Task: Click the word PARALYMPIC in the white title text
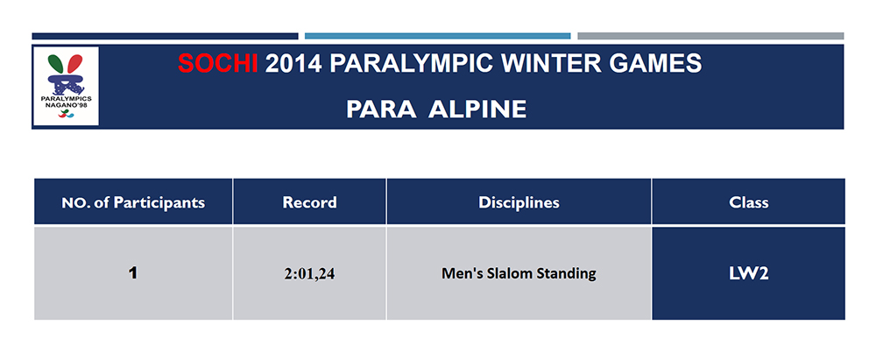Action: [x=410, y=64]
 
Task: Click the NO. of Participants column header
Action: [x=133, y=202]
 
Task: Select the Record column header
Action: [x=309, y=202]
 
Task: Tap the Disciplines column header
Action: [x=519, y=202]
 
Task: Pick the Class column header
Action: [x=748, y=202]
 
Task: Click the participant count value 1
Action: [x=132, y=272]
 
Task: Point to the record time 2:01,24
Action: [x=309, y=274]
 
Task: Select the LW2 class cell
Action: [x=748, y=273]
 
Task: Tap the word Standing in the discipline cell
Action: [x=565, y=273]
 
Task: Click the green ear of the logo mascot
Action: [x=54, y=63]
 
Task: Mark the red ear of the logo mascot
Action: [x=74, y=64]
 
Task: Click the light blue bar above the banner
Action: [x=437, y=36]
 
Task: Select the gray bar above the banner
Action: [x=710, y=36]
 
